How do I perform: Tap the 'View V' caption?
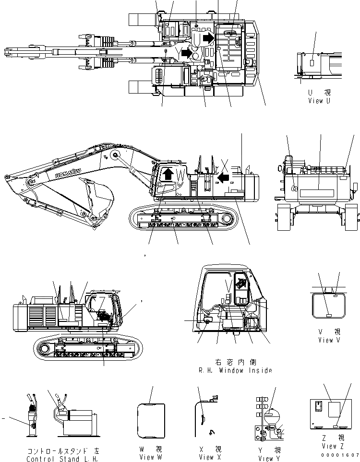point(329,340)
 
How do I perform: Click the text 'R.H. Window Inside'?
point(235,370)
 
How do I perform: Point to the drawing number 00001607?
point(341,454)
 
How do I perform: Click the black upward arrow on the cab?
point(168,173)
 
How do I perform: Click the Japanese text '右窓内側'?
point(235,362)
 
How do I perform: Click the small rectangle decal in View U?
point(312,62)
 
